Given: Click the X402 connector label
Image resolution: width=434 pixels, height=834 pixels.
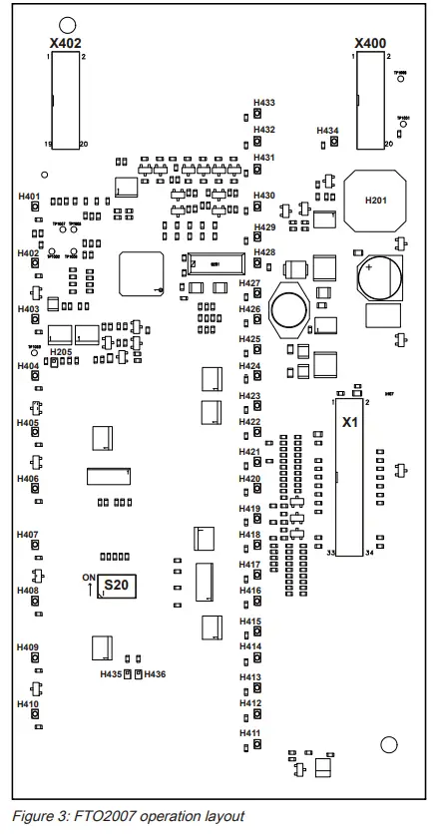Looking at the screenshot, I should click(x=66, y=44).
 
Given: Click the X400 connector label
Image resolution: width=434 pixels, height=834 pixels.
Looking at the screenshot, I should click(x=370, y=44).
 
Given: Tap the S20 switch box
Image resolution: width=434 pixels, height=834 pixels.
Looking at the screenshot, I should click(x=118, y=587).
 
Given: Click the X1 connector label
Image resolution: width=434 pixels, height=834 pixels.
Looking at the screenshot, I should click(x=350, y=423).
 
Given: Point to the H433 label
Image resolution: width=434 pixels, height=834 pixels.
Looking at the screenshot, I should click(x=264, y=103).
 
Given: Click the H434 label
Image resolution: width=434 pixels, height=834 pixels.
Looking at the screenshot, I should click(x=327, y=131).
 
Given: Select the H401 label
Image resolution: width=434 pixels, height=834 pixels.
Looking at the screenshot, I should click(x=29, y=196).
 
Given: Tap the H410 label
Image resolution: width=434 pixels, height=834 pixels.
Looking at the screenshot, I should click(x=28, y=704).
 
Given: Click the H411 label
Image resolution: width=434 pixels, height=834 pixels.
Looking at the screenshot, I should click(x=250, y=733).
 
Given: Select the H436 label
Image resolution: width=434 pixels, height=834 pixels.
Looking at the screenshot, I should click(x=155, y=675).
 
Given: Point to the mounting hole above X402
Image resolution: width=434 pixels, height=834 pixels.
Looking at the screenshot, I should click(x=67, y=25).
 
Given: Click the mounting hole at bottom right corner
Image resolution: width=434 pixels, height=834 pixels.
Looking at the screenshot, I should click(x=389, y=744).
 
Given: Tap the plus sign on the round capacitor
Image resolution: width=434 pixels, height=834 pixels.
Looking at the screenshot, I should click(x=369, y=267).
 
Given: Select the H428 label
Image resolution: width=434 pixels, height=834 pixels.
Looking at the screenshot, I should click(x=264, y=252).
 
